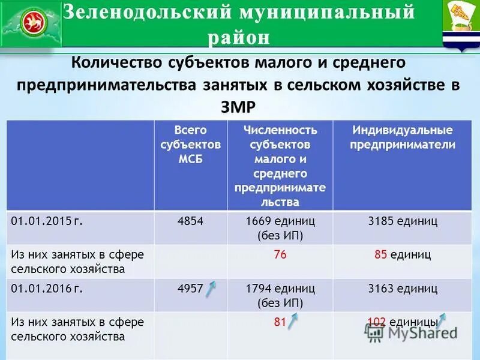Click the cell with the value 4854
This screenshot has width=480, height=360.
(190, 221)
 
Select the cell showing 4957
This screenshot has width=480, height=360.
(190, 289)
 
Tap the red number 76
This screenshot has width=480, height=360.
(280, 255)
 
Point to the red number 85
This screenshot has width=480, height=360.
(380, 255)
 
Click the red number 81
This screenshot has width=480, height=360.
(280, 322)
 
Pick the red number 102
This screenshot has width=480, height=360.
(376, 322)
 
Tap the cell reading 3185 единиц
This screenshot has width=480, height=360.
(403, 221)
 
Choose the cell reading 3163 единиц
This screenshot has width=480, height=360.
(403, 289)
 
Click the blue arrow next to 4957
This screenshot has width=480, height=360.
(211, 290)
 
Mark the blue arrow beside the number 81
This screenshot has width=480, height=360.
(293, 322)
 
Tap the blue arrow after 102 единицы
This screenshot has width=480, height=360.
(442, 320)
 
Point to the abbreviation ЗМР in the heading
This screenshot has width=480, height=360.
(239, 106)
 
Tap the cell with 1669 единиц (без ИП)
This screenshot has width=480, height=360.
(280, 227)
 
